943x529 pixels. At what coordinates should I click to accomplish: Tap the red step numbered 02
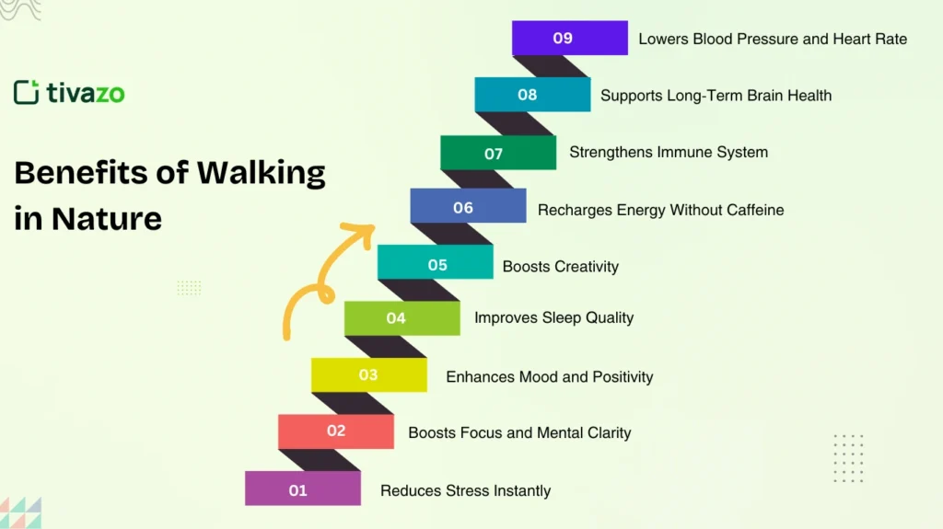click(x=335, y=431)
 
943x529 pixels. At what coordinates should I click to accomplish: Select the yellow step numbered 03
click(x=368, y=374)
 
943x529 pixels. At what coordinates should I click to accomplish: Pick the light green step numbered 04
click(x=402, y=318)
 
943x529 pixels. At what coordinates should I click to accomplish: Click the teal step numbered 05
click(x=435, y=266)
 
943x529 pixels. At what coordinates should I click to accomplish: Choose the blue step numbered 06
click(x=468, y=206)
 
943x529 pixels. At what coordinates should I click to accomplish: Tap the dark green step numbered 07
click(x=497, y=153)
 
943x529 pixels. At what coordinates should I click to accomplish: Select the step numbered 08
click(x=532, y=95)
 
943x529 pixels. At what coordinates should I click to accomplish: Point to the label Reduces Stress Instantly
click(x=465, y=490)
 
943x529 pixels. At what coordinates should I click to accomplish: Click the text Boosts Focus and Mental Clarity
click(x=519, y=432)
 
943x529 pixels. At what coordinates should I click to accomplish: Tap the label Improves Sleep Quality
click(x=553, y=318)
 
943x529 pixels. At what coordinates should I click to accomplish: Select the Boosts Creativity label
click(x=560, y=267)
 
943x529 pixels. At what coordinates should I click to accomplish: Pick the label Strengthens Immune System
click(x=668, y=152)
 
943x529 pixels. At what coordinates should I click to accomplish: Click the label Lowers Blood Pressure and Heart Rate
click(x=772, y=39)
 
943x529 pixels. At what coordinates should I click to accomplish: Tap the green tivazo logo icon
click(x=26, y=92)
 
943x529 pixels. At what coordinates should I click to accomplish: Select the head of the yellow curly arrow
click(x=365, y=228)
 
